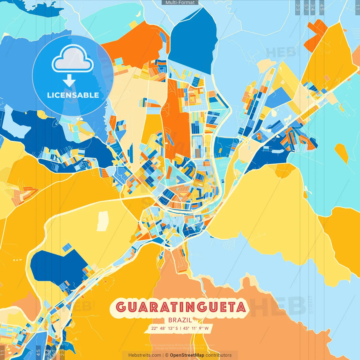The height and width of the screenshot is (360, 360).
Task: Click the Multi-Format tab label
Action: tap(180, 3)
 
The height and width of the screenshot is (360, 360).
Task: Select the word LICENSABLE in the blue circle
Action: tap(73, 95)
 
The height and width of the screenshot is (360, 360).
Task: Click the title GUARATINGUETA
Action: tap(181, 307)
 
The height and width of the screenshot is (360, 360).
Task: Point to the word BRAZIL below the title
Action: tap(180, 320)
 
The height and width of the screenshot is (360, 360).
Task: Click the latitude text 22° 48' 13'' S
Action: tap(165, 328)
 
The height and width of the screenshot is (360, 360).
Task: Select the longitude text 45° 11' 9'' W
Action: tap(196, 328)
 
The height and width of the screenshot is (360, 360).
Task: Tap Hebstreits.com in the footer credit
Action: tap(145, 355)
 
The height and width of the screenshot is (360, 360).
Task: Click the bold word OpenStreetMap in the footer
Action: tap(187, 355)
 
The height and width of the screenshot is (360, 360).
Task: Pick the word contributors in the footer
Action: tap(219, 355)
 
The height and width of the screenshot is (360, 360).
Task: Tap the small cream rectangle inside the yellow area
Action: tap(103, 221)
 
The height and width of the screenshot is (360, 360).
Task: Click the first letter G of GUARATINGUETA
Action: tap(121, 307)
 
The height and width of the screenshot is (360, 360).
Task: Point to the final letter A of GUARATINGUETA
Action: tap(241, 307)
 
